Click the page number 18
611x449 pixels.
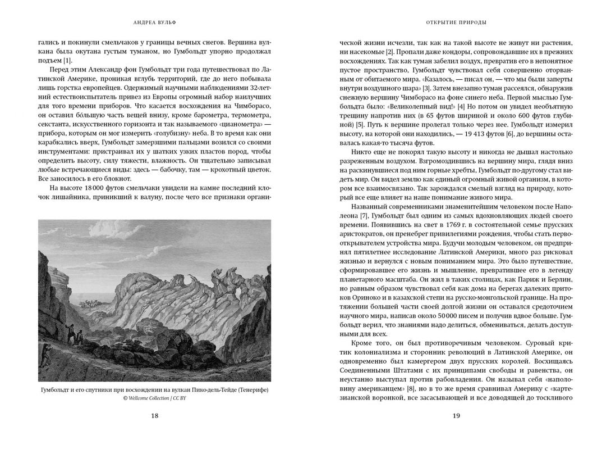click(155, 416)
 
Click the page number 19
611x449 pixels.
click(456, 416)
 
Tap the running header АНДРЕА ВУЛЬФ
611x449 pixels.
click(155, 23)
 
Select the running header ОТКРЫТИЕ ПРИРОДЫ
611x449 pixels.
click(456, 23)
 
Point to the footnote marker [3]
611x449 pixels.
click(426, 88)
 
